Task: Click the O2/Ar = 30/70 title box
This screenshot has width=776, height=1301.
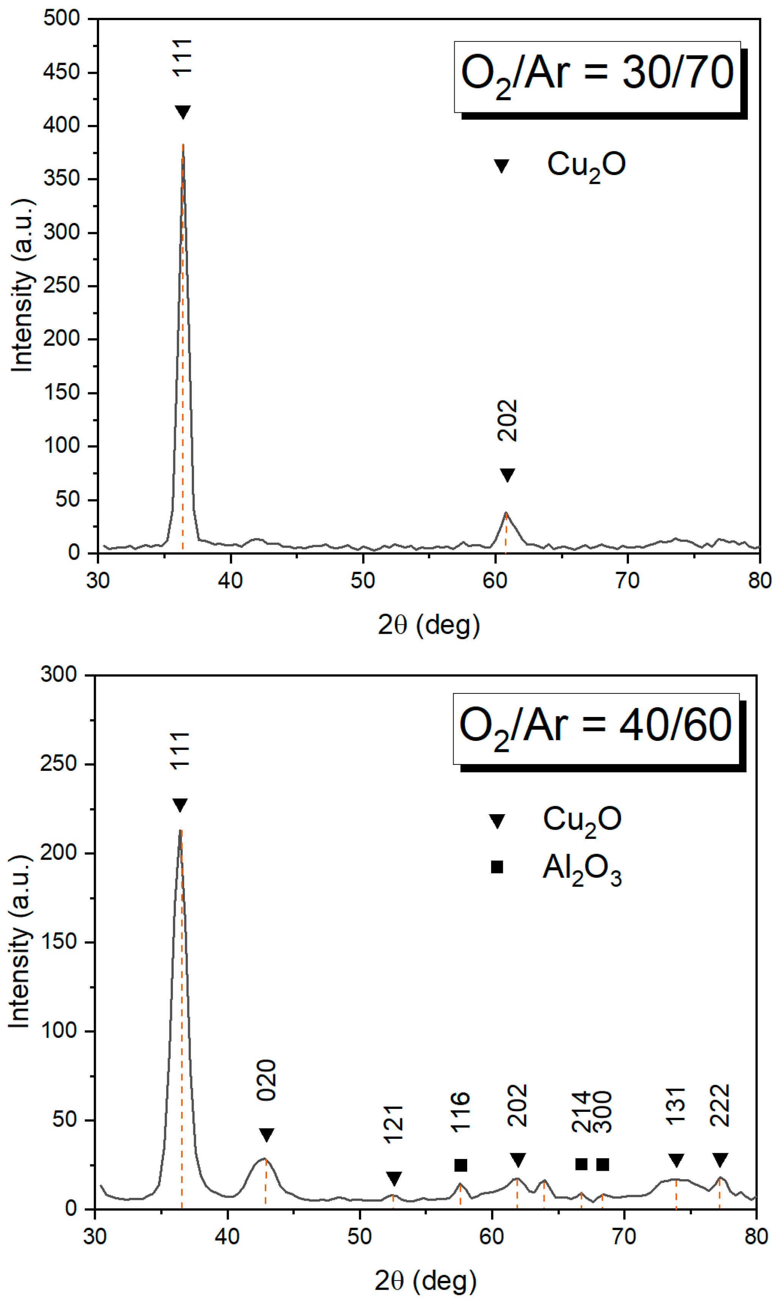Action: tap(597, 76)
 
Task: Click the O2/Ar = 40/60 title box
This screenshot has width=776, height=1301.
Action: tap(596, 729)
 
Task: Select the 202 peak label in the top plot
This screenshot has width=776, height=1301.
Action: tap(507, 421)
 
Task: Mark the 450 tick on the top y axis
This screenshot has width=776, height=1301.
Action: tap(61, 72)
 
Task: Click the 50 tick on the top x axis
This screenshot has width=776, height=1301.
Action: tap(362, 581)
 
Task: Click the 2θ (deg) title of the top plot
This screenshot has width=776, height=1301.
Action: tap(429, 625)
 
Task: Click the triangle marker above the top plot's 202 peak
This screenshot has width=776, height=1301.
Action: tap(507, 475)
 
